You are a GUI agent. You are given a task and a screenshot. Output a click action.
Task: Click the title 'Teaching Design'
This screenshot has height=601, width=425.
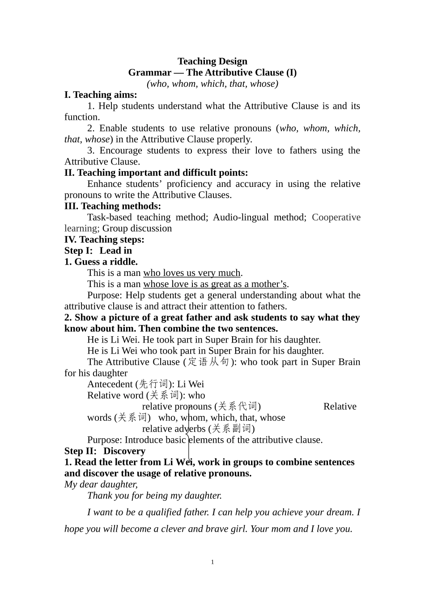(x=212, y=61)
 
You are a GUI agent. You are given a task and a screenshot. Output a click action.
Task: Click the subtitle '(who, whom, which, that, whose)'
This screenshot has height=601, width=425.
(x=212, y=84)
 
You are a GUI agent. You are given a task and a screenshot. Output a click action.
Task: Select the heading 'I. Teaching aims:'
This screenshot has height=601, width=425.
(x=101, y=95)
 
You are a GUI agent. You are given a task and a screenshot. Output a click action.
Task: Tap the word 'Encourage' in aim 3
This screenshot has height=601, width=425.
(x=123, y=150)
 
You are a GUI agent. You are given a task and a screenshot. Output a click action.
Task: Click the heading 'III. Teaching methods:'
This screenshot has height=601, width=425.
(x=113, y=206)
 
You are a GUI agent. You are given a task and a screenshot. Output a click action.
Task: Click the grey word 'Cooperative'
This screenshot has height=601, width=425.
(x=336, y=217)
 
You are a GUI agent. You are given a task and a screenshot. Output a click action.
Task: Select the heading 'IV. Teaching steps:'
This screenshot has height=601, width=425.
(x=104, y=240)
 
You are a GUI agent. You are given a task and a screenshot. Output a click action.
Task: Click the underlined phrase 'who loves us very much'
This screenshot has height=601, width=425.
(x=191, y=273)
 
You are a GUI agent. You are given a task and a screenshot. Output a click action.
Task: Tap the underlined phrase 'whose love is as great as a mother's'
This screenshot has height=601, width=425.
(x=215, y=284)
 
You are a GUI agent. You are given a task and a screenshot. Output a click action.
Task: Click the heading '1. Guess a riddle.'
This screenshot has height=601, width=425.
(x=101, y=262)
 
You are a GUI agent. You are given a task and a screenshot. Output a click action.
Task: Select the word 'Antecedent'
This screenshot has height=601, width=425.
(x=110, y=384)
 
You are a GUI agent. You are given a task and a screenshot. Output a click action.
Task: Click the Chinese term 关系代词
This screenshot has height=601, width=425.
(x=238, y=406)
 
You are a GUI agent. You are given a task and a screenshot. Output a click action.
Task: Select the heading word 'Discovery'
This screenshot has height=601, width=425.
(x=124, y=451)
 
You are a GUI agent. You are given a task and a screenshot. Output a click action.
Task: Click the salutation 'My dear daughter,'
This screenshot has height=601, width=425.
(x=101, y=484)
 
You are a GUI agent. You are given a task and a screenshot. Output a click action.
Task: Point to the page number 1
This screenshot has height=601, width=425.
(x=212, y=562)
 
